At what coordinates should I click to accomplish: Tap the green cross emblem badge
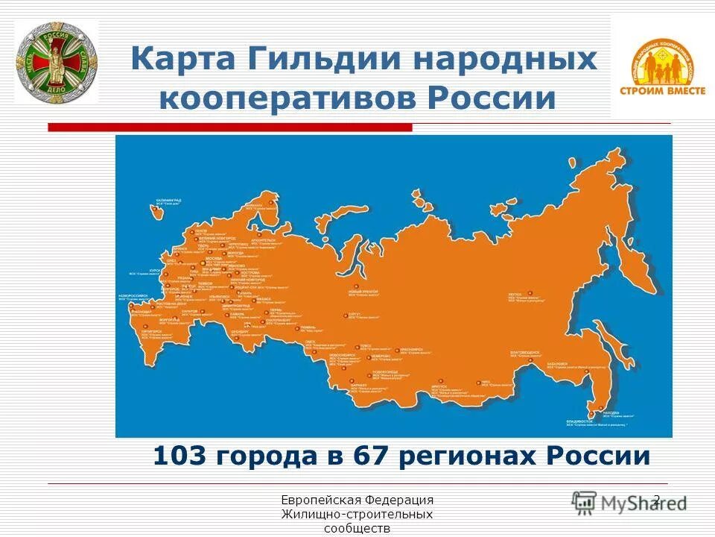[57, 62]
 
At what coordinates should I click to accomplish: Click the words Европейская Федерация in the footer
[357, 500]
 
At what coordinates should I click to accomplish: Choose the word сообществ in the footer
[357, 529]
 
